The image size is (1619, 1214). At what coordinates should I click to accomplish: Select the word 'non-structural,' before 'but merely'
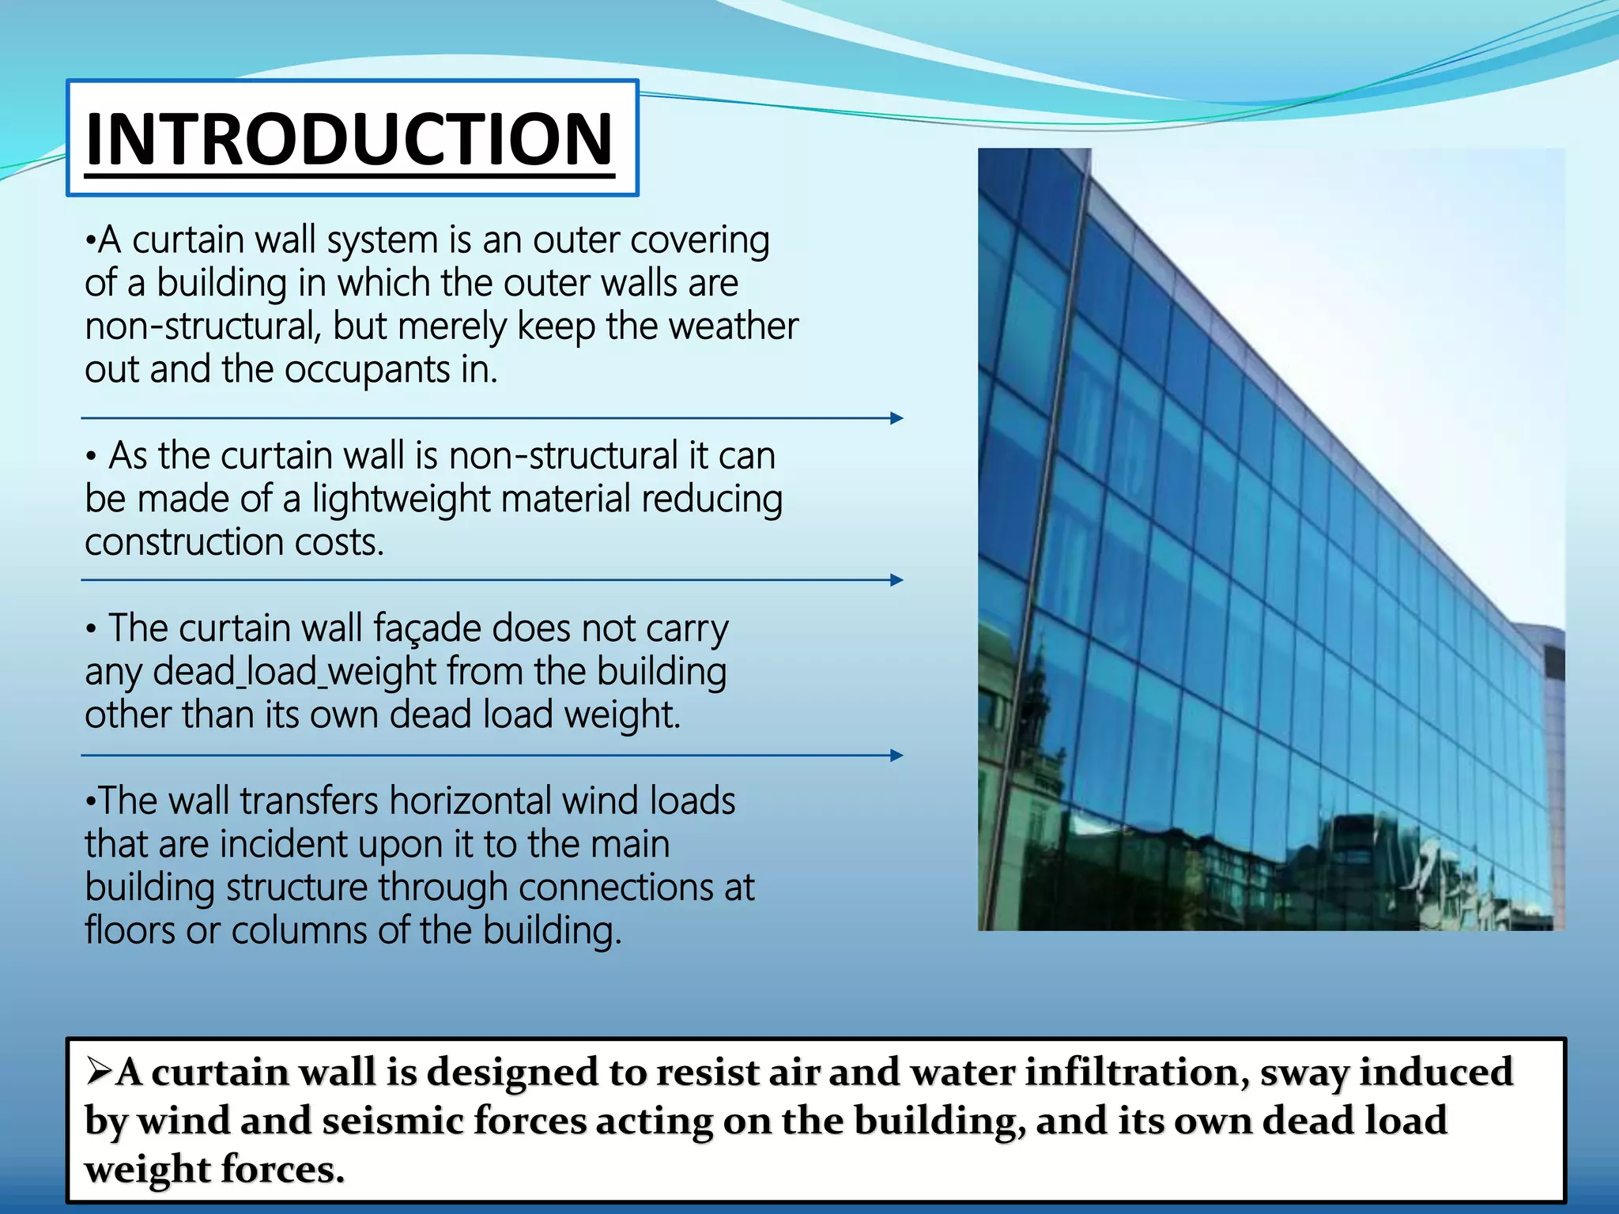[203, 326]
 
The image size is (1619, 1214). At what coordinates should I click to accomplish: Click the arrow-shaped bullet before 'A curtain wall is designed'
[100, 1072]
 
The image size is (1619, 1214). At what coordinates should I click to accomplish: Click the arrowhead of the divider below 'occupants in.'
[896, 418]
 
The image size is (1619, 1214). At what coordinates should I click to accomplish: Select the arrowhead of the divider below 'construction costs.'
[896, 580]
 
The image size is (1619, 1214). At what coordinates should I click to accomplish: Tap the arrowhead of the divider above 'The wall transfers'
[896, 756]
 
